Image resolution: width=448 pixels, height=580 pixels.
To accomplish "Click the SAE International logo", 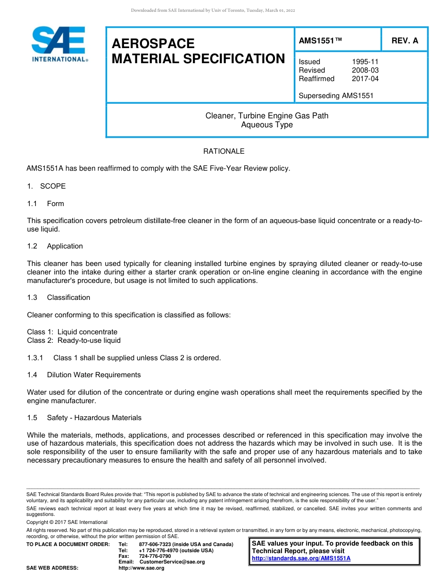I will [x=59, y=44].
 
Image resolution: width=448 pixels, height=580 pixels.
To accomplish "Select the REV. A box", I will [x=405, y=41].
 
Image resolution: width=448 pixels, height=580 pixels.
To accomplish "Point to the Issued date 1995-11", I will [x=365, y=62].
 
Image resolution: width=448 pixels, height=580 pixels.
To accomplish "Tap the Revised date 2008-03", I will [x=365, y=70].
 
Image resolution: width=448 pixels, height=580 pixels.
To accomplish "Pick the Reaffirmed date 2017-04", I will [x=365, y=79].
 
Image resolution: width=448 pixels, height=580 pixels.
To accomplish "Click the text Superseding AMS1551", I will [x=336, y=96].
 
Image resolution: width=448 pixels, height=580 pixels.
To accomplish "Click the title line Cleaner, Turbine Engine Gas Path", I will [x=267, y=116].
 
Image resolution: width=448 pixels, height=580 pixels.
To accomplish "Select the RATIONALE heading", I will [x=224, y=151].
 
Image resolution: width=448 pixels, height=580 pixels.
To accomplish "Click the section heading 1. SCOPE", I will [x=46, y=186].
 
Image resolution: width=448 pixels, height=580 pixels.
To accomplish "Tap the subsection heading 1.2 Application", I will [x=55, y=246].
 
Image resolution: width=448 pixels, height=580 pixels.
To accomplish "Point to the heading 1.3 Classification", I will [x=58, y=298].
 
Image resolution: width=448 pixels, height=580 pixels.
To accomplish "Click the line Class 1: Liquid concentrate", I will [x=72, y=332].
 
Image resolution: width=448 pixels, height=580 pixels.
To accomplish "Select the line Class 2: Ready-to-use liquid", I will [x=74, y=340].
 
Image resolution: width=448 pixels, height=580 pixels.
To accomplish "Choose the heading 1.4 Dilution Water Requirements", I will [x=84, y=375].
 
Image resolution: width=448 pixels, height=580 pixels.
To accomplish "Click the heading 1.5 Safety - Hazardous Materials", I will [x=84, y=418].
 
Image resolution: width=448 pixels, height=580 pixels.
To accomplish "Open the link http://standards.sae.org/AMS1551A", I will [x=301, y=558].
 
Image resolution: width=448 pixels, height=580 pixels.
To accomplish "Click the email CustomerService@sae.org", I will [x=172, y=562].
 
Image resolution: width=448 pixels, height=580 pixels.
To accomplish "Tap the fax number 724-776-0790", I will [x=155, y=556].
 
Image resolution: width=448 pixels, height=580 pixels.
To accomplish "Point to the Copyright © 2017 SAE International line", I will [x=67, y=522].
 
